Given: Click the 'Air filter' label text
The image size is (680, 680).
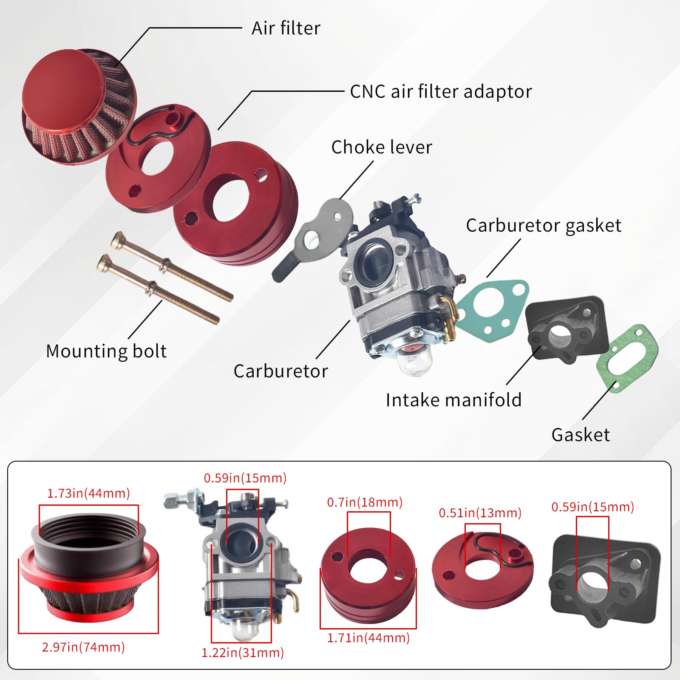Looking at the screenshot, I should click(286, 28).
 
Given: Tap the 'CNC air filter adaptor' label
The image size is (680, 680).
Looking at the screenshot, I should click(441, 92).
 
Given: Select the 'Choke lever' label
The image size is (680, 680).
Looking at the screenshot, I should click(381, 147).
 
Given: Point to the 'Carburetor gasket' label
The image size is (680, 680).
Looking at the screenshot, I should click(543, 226).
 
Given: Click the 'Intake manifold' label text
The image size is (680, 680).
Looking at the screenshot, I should click(453, 400).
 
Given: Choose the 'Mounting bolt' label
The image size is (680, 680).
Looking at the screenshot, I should click(106, 351).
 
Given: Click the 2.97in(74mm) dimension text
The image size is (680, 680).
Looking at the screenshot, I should click(83, 647).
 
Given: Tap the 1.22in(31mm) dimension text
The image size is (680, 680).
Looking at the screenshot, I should click(242, 653).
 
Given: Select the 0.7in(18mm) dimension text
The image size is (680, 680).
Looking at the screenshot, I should click(365, 502).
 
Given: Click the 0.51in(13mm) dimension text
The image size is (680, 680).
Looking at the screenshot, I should click(480, 513).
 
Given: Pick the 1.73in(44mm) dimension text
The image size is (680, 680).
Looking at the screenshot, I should click(88, 493).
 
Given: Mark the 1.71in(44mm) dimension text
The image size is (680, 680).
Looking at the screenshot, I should click(368, 638).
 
